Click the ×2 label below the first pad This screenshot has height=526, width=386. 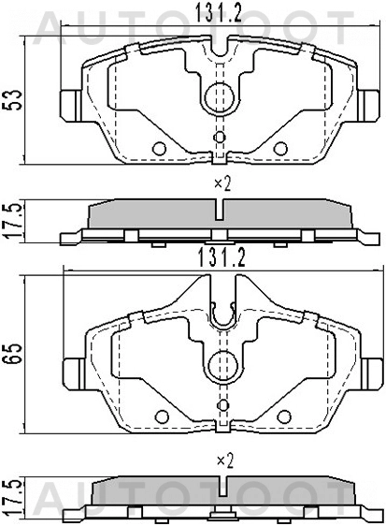coord(222,183)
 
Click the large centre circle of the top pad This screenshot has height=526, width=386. coord(221,95)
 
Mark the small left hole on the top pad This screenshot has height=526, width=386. coord(159,149)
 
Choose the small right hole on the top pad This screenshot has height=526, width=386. coord(282,148)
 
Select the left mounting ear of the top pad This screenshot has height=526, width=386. coord(71,103)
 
